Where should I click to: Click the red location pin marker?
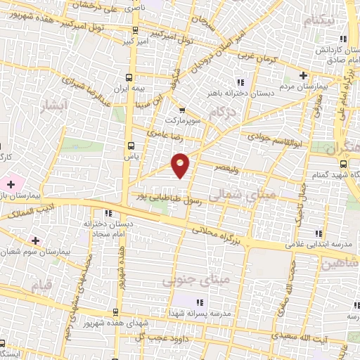point(181,164)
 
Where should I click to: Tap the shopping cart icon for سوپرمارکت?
point(181,110)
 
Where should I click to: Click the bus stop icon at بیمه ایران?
point(129,77)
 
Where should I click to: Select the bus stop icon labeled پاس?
point(129,144)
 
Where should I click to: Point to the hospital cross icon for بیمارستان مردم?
point(303,75)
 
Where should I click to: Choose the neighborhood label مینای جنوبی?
point(187,281)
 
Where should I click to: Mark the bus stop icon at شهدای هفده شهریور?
point(113,311)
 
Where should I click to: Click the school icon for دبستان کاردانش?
point(342,39)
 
